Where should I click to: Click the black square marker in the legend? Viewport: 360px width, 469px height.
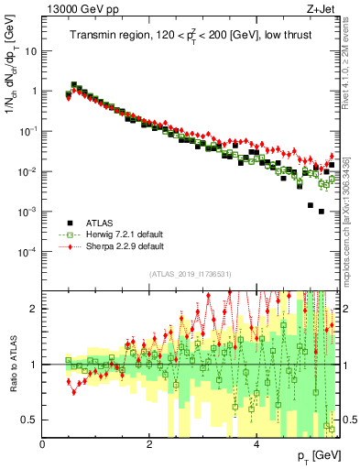[70, 222]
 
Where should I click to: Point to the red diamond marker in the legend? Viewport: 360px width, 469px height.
[70, 246]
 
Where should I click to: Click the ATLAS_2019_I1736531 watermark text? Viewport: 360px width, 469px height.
[191, 274]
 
